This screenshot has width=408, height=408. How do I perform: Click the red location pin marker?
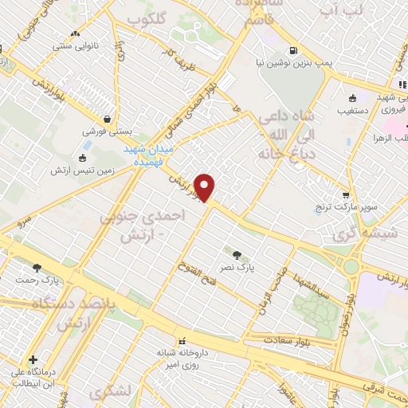(x=206, y=187)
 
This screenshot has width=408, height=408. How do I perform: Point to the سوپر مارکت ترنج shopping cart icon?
(x=345, y=194)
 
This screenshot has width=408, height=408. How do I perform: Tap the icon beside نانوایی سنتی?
(x=76, y=34)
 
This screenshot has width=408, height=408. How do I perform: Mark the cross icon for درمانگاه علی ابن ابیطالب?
(x=33, y=359)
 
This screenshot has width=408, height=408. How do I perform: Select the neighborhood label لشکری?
(x=108, y=393)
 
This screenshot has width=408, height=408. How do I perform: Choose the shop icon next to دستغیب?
(x=352, y=100)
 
